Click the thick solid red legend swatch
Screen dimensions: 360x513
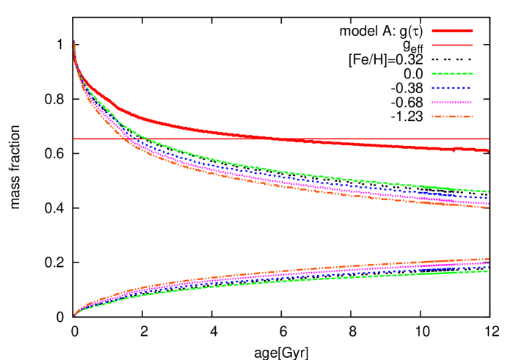pos(452,32)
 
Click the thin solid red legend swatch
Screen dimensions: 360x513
pos(452,45)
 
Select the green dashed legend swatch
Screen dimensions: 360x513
pos(452,74)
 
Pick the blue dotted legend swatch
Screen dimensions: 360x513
pos(452,88)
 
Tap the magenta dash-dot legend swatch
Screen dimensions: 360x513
pos(452,102)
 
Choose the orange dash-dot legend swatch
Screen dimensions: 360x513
pos(452,117)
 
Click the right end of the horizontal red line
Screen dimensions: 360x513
pos(488,139)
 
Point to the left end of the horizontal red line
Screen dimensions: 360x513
pos(74,139)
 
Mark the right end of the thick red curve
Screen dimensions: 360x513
pos(488,150)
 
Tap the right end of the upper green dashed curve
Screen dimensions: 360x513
pos(488,191)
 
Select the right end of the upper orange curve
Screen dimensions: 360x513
pos(488,207)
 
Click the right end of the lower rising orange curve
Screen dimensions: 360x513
pos(488,258)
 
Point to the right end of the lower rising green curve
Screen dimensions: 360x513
pos(488,271)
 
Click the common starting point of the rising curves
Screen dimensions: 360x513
pos(74,315)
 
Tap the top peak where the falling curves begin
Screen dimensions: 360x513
pos(74,41)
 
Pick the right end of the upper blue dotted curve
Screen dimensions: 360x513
pos(488,197)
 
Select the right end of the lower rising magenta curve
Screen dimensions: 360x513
pos(488,262)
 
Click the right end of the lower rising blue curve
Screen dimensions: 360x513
pos(488,266)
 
